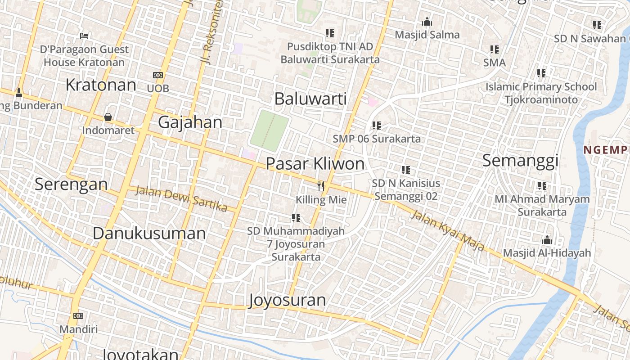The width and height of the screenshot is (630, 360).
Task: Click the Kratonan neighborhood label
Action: coord(100,85)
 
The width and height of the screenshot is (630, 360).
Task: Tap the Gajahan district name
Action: coord(190,122)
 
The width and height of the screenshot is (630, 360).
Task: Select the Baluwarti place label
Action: coord(310,99)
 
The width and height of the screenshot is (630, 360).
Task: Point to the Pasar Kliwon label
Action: coord(315,163)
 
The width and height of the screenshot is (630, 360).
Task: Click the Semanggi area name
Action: coord(520,160)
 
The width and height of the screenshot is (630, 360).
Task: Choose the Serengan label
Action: coord(71,184)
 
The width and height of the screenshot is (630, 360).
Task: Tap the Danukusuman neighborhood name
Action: coord(149,233)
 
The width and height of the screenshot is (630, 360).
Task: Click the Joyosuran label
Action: coord(287,300)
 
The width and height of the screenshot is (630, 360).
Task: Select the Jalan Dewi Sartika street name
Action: coord(181,198)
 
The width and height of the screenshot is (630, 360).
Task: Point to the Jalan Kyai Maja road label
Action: coord(448,230)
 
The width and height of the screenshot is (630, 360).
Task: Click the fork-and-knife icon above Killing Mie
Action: coord(321,185)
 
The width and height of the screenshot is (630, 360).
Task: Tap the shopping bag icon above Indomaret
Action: coord(108,117)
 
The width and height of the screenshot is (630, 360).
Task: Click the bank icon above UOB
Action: coord(158,75)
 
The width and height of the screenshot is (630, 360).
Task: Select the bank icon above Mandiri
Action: coord(78,316)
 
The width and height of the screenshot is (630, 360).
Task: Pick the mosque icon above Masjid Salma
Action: coord(427,22)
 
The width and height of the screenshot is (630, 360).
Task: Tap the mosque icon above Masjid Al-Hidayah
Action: coord(547,239)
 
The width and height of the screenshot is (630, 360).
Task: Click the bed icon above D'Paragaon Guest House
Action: coord(84,36)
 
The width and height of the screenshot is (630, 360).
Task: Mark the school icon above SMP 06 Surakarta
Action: coord(377,125)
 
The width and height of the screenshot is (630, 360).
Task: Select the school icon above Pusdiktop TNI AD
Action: coord(330,33)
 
